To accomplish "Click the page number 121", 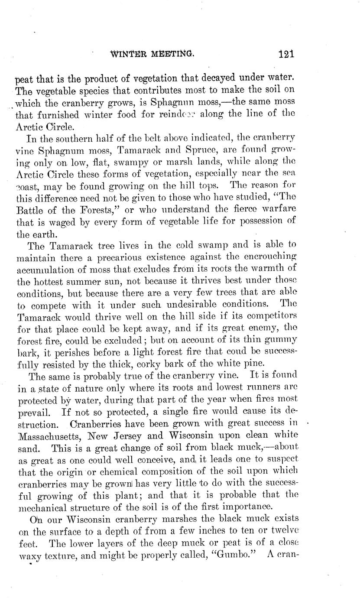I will point(287,54).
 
